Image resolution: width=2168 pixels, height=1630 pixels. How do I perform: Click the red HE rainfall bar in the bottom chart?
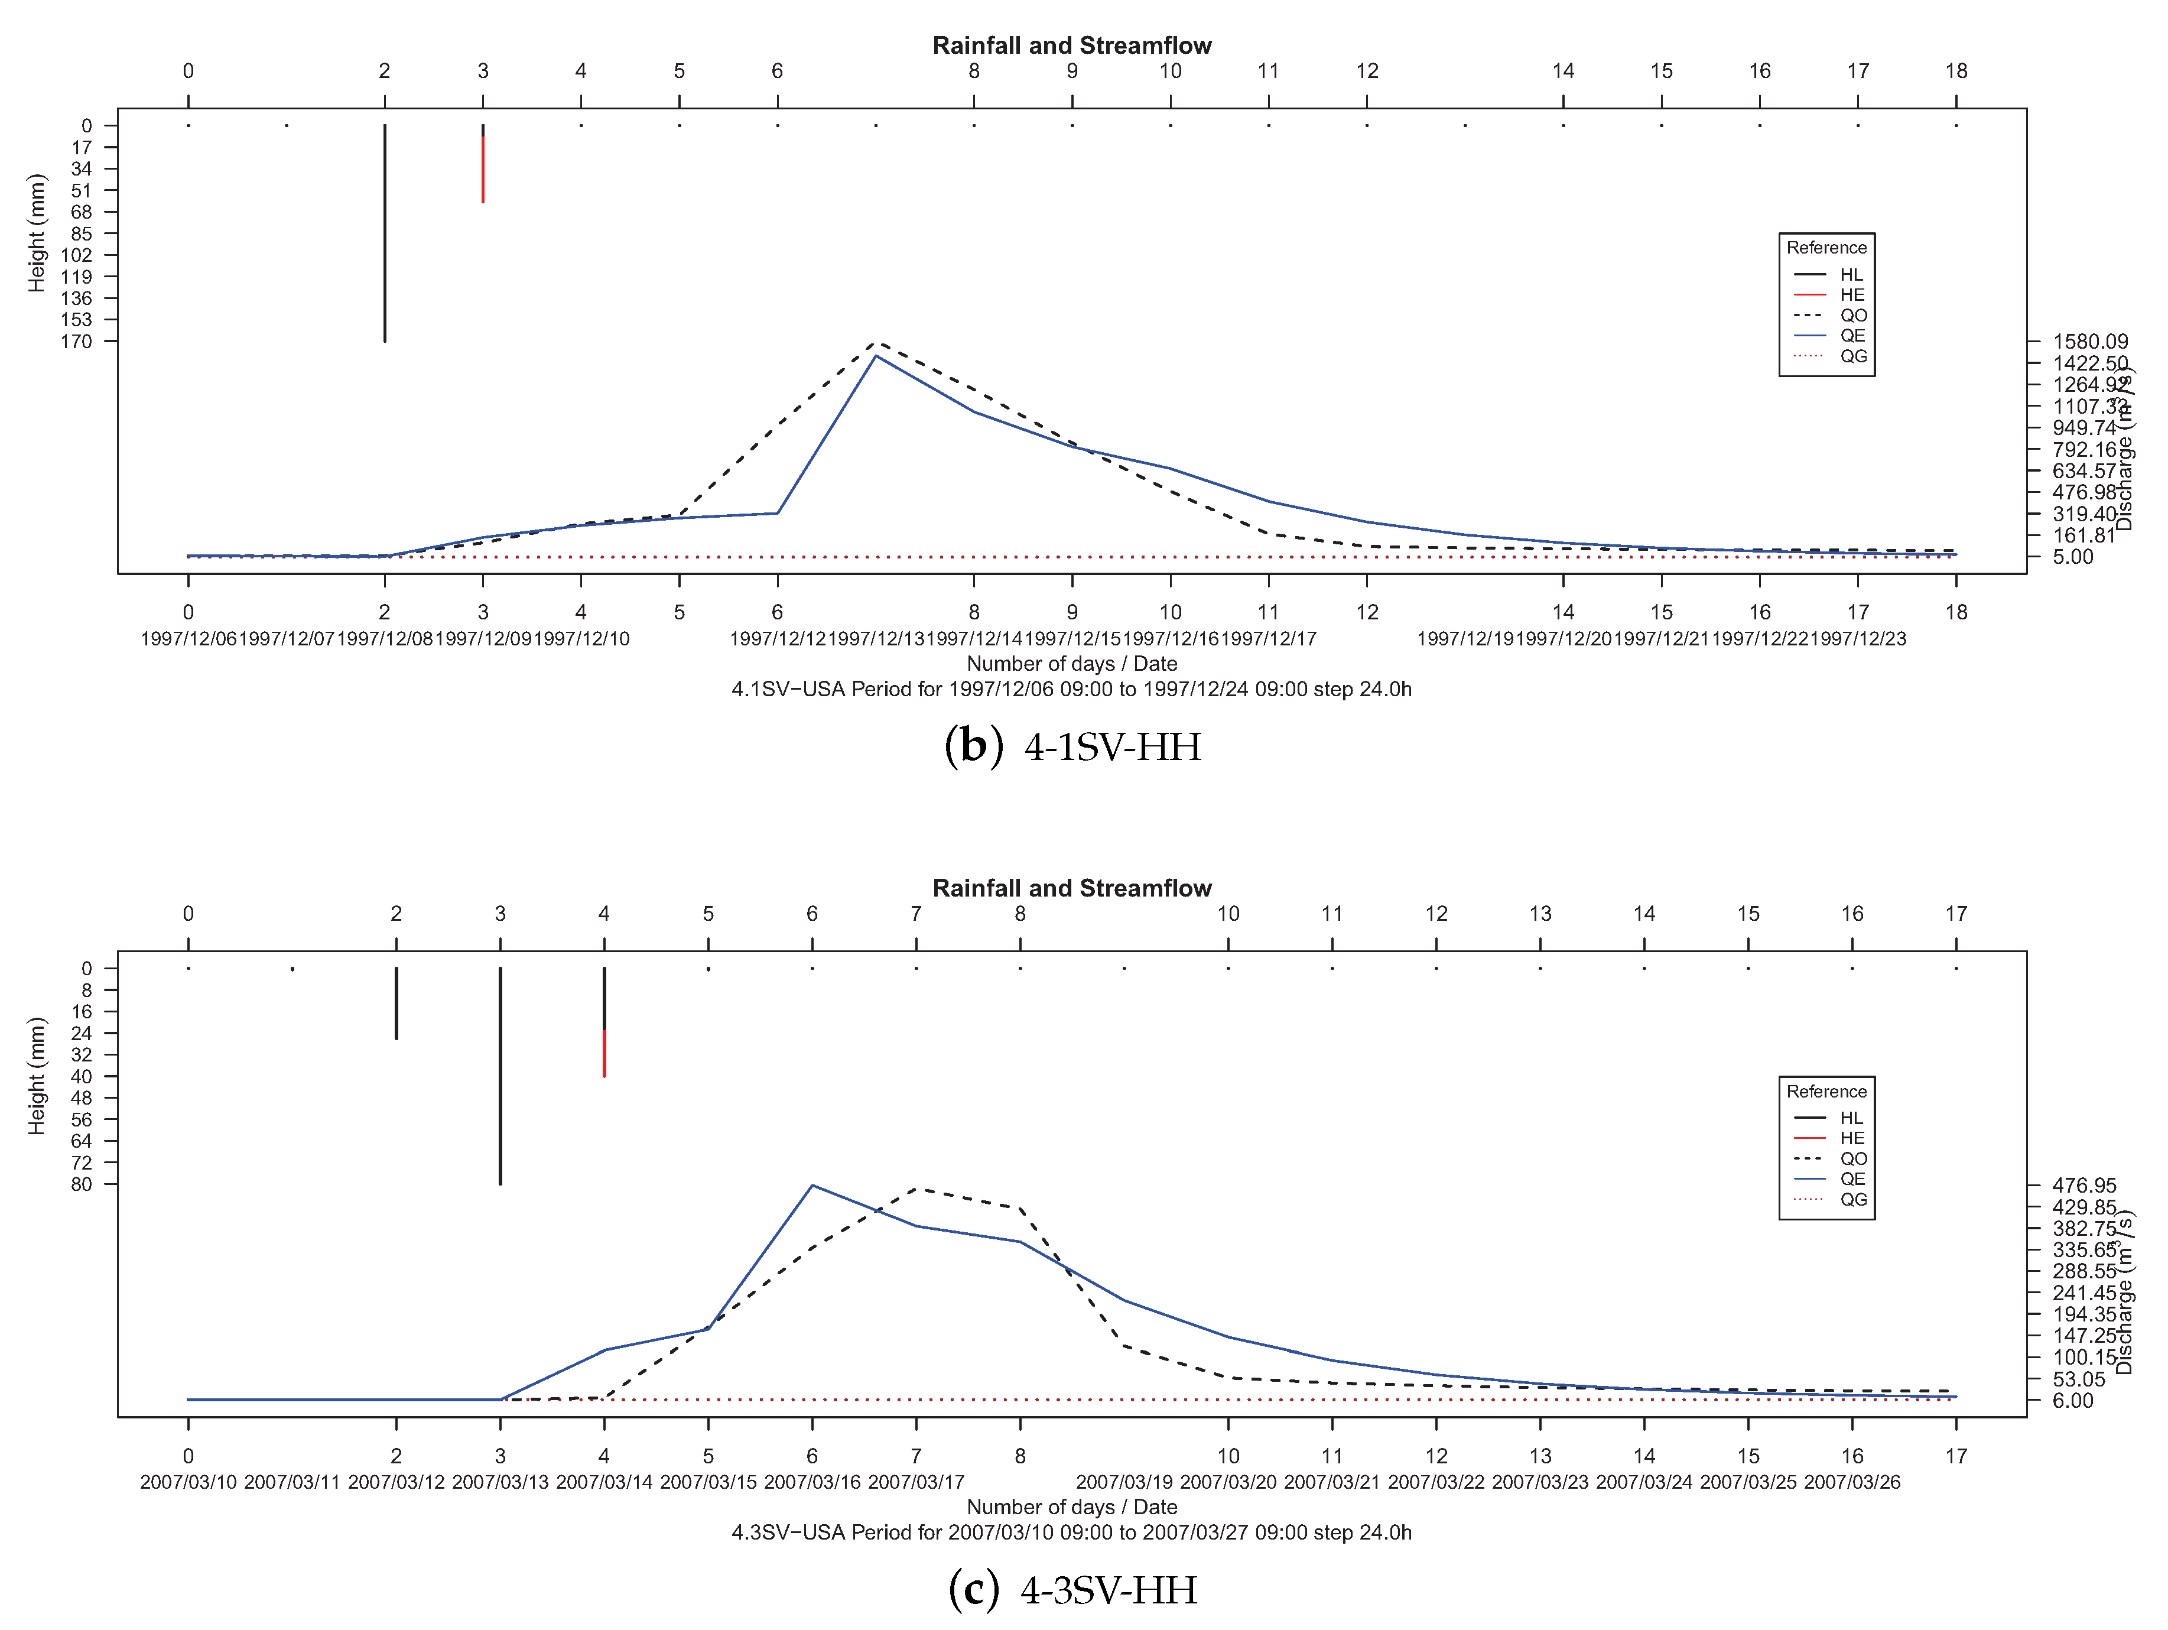[604, 1053]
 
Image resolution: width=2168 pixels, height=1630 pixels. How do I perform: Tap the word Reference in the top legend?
[1826, 248]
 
